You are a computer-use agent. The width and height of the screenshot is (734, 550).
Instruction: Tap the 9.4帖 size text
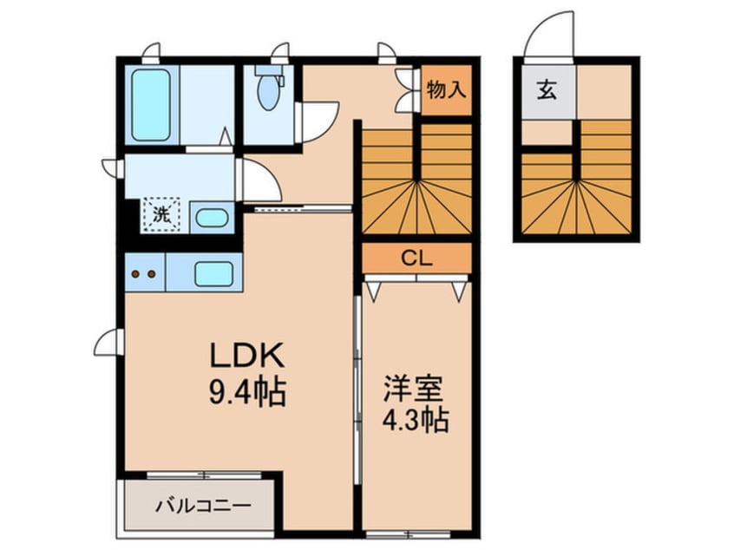pyautogui.click(x=246, y=394)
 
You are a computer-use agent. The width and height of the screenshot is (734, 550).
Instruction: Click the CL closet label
pyautogui.click(x=416, y=257)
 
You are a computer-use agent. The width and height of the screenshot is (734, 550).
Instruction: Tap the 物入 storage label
pyautogui.click(x=447, y=89)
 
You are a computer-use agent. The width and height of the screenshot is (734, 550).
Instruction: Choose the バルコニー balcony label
pyautogui.click(x=203, y=505)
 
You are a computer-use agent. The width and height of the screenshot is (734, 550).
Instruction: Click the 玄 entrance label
pyautogui.click(x=547, y=89)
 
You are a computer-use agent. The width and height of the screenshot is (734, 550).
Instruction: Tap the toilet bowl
pyautogui.click(x=268, y=90)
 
